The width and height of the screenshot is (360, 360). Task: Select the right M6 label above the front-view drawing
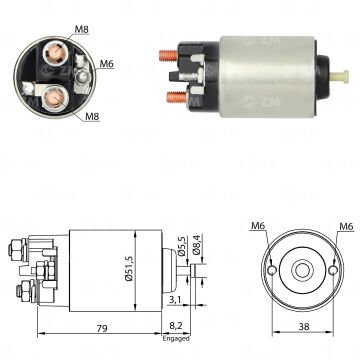(x=346, y=226)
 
